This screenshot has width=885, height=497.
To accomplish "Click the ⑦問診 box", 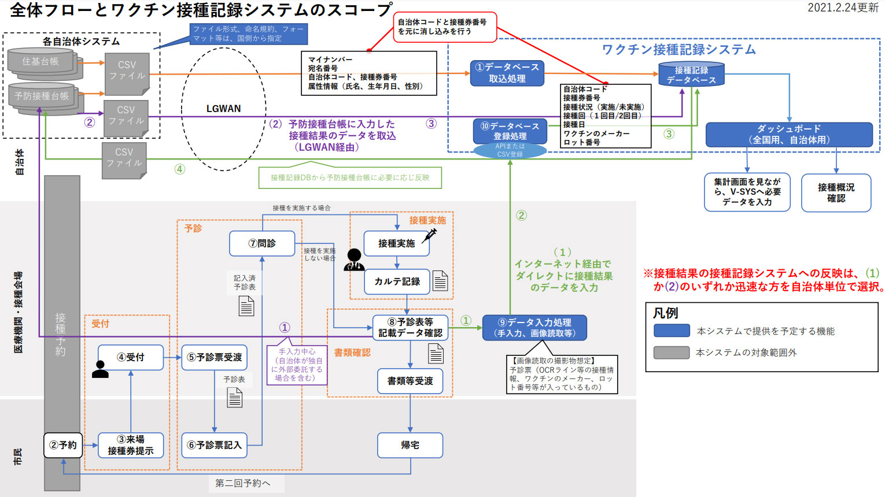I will pos(262,243).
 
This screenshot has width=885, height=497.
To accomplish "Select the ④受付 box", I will pos(131,357).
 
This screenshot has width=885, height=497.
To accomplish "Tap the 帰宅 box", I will pos(410,445).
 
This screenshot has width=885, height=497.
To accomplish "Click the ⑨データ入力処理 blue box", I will pos(535,328).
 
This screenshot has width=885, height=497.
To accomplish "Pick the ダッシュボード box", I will pos(789,134).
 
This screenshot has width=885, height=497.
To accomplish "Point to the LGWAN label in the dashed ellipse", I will pos(223,109).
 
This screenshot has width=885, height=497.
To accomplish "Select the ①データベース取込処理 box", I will pos(507,73).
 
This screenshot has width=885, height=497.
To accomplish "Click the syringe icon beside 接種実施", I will pos(430,235).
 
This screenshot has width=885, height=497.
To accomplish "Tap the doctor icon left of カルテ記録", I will pos(354,260).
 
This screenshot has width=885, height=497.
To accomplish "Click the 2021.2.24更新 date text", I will pos(843,8).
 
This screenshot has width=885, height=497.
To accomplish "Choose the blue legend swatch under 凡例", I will pos(672,331).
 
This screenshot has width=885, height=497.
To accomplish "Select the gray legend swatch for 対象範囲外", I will pos(672,353).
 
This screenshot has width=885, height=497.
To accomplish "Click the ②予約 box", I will pos(63,445).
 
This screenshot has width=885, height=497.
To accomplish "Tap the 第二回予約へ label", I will pos(242,483).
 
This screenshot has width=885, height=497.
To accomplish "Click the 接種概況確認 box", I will pos(836,192).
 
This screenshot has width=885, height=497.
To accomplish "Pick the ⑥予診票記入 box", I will pos(214,445).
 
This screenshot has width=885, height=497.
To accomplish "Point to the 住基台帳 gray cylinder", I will pos(40,61).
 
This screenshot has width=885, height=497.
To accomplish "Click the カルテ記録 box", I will pos(397,281).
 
